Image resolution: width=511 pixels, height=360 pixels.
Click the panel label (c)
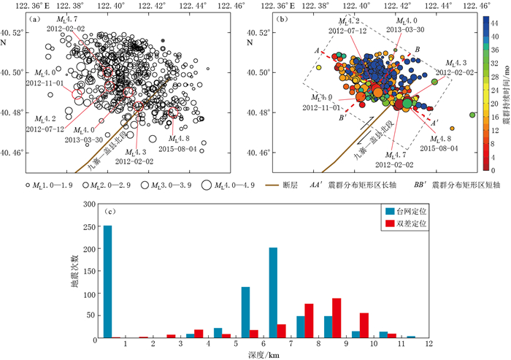[x=109, y=212]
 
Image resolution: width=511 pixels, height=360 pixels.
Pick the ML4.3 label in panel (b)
[x=447, y=64]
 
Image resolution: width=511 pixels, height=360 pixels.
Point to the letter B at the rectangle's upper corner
[x=416, y=50]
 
